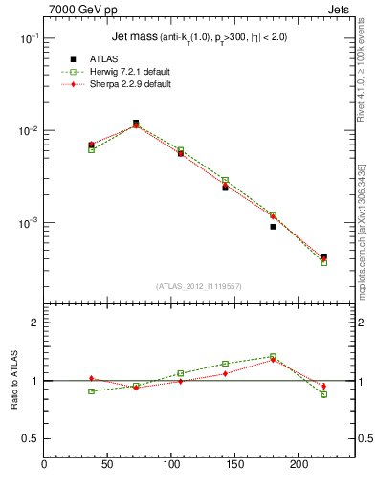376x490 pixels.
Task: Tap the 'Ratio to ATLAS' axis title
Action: [13, 382]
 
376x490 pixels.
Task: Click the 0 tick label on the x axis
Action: [44, 465]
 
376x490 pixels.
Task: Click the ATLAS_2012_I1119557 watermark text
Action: [199, 286]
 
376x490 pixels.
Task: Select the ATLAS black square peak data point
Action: [136, 122]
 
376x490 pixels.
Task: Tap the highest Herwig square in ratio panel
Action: [273, 357]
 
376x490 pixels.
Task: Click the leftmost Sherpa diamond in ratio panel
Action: [91, 379]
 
